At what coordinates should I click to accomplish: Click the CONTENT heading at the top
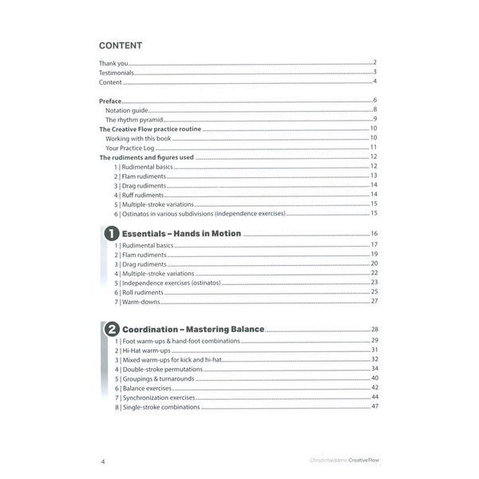[x=120, y=46]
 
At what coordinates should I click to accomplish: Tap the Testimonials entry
[x=117, y=73]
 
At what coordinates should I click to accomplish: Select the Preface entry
[x=111, y=100]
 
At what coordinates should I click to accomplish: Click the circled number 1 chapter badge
[x=110, y=235]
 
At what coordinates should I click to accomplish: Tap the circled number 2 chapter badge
[x=111, y=330]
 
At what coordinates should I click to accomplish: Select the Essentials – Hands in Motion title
[x=181, y=234]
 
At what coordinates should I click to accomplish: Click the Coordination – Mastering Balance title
[x=193, y=329]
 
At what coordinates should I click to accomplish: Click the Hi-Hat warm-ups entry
[x=146, y=350]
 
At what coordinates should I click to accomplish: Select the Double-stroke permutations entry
[x=161, y=370]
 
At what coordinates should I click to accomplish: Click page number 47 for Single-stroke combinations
[x=374, y=407]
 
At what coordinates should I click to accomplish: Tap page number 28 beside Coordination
[x=374, y=330]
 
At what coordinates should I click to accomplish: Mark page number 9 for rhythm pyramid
[x=374, y=119]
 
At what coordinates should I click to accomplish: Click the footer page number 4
[x=103, y=461]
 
